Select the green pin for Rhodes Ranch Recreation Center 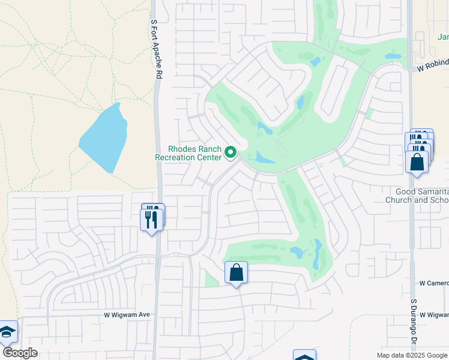(x=231, y=153)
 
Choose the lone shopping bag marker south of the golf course (x=236, y=273)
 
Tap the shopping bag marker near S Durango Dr (x=417, y=163)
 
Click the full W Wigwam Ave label (x=126, y=314)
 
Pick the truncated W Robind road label (x=433, y=70)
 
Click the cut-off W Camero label (x=433, y=283)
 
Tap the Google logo (x=20, y=353)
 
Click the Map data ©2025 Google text (x=411, y=355)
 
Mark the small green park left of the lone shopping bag (x=211, y=279)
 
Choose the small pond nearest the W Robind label (x=393, y=56)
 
